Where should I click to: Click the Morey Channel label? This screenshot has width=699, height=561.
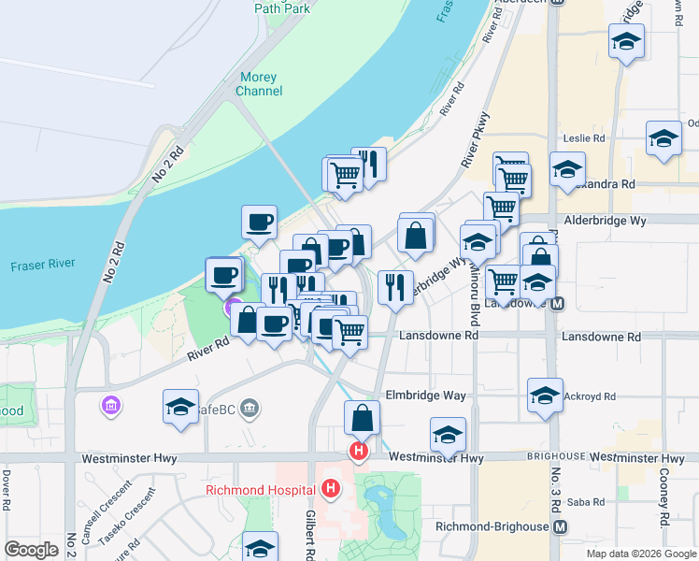(x=259, y=84)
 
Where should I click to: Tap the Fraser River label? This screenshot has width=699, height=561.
(x=42, y=266)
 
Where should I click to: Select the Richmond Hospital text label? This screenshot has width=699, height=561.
(x=264, y=489)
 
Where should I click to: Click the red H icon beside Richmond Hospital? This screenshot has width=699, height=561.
(x=330, y=488)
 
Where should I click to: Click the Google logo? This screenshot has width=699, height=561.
(x=31, y=549)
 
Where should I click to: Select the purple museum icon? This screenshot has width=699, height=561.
(x=110, y=407)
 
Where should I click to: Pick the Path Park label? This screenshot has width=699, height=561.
(x=281, y=7)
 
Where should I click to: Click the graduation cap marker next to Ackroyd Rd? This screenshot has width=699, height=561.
(x=545, y=394)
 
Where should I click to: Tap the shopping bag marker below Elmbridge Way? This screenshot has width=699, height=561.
(x=362, y=417)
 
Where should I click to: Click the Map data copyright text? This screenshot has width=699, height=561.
(x=640, y=554)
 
